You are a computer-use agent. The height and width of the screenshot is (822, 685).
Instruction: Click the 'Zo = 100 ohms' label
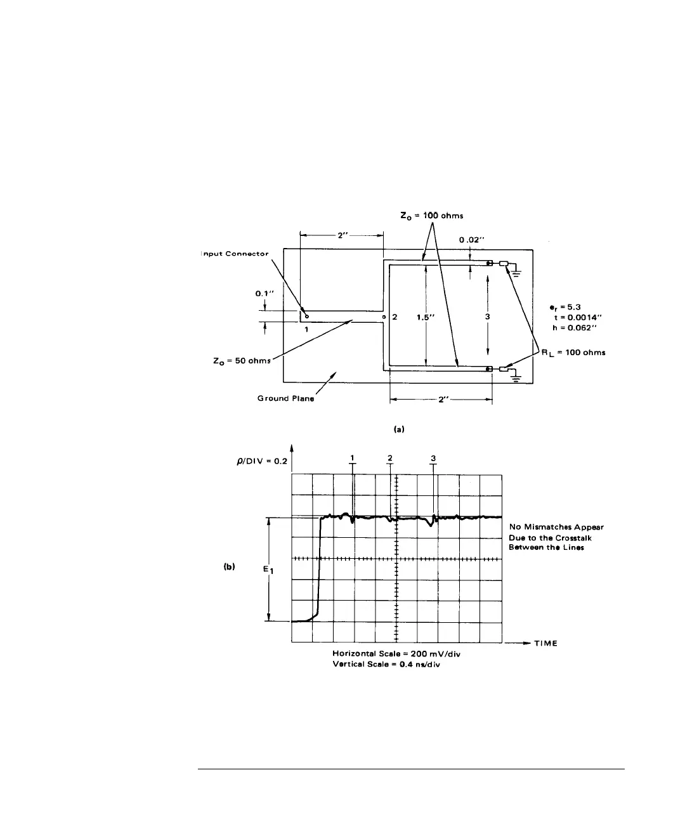coord(432,216)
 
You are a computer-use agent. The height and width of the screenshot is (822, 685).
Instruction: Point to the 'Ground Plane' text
coord(285,399)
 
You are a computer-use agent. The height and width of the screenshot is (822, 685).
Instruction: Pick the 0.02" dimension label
coord(472,241)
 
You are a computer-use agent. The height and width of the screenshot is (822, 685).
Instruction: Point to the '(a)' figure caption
coord(398,429)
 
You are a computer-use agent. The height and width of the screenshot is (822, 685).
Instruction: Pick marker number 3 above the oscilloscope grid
coord(433,458)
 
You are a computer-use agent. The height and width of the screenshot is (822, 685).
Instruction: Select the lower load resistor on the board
coord(504,370)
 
